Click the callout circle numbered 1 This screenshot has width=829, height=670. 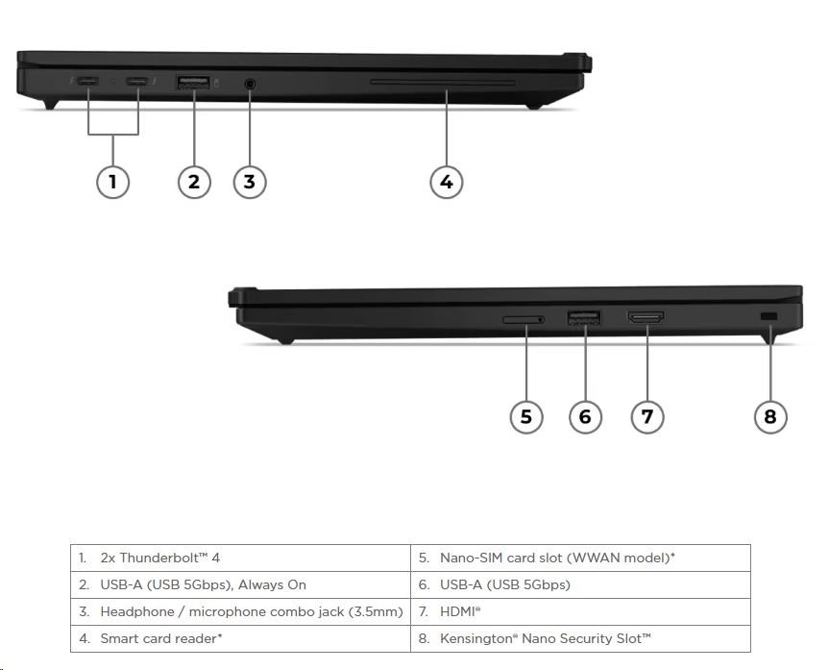coord(113,181)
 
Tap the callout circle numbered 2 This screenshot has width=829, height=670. coord(194,181)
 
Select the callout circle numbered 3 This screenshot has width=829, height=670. coord(250,181)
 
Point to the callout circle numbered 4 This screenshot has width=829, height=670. coord(446,181)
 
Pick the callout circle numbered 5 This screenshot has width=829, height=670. coord(525,416)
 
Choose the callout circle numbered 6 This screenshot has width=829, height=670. coord(585,416)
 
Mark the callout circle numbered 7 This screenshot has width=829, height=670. coord(647,416)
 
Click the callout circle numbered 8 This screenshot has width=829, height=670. coord(769,416)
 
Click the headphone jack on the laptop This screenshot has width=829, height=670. coord(250,84)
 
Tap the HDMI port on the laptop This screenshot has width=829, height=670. coord(646,316)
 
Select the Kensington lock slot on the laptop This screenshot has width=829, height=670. coord(768,317)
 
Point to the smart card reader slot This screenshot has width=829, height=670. coord(443,84)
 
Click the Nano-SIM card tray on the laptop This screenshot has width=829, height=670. coord(524,317)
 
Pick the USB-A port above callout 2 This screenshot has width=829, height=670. coord(193,84)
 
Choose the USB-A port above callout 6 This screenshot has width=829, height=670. coord(584,316)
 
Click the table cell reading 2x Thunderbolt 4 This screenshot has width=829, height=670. coord(240,558)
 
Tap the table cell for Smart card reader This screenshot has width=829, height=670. coord(240,638)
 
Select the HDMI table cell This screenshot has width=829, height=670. coord(580,611)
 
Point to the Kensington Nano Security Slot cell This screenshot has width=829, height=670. coord(580,638)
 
